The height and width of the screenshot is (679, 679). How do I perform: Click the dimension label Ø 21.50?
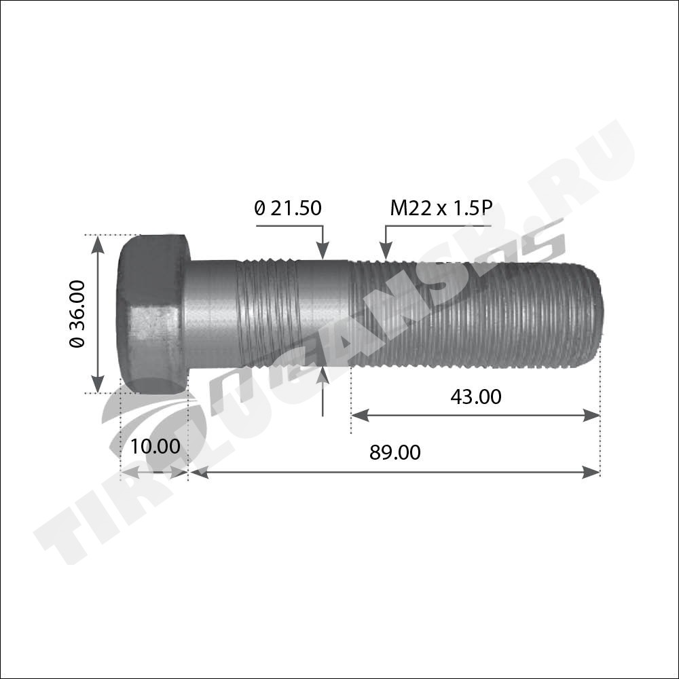tap(288, 208)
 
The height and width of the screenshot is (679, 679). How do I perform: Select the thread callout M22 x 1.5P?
tap(441, 208)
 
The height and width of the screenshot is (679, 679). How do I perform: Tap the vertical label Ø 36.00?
tap(77, 314)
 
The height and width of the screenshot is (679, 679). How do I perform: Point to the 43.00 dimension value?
tap(476, 397)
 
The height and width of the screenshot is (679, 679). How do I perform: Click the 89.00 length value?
tap(395, 452)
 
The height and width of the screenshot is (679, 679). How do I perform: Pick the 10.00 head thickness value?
tap(155, 447)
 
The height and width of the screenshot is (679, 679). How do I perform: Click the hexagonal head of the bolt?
tap(153, 314)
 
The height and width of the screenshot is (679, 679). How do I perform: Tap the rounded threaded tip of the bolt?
tap(594, 314)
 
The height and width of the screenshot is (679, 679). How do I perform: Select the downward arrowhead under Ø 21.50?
tap(323, 251)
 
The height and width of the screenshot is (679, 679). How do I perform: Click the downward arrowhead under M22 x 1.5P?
tap(386, 251)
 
